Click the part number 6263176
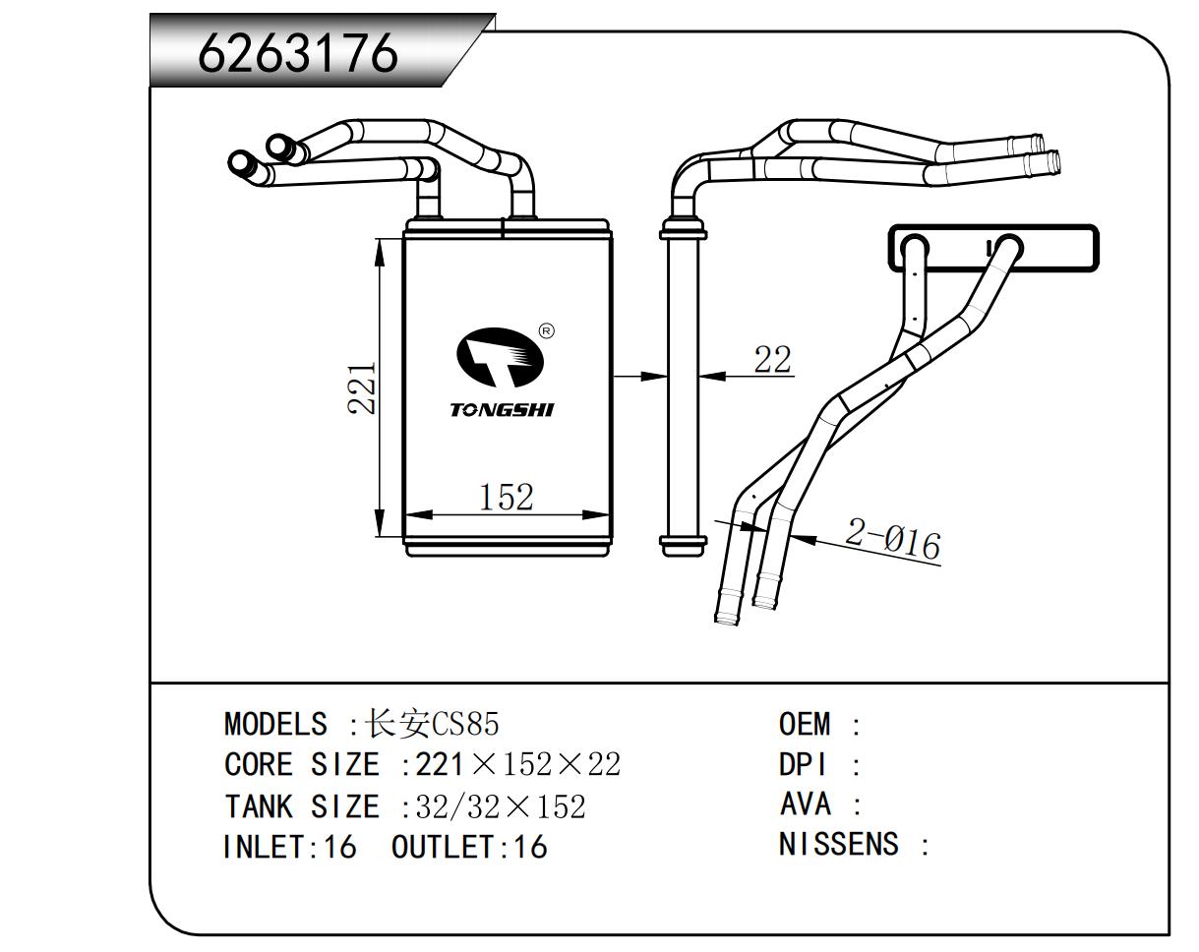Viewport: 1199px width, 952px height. [298, 53]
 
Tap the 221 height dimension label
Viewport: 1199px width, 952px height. [362, 387]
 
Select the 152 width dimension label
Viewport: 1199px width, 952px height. [506, 497]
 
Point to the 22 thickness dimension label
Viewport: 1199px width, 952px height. [772, 360]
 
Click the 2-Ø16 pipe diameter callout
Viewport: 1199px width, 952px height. [893, 539]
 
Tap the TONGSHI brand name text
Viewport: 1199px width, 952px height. [502, 409]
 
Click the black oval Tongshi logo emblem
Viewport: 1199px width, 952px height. [501, 359]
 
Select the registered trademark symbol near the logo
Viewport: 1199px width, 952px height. [547, 330]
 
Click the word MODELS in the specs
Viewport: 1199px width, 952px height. [276, 724]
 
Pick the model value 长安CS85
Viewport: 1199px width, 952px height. [432, 724]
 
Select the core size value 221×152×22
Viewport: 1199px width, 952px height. [517, 764]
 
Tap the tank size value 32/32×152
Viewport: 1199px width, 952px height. [501, 806]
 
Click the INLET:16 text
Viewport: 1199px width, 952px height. [289, 847]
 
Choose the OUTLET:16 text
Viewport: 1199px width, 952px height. [468, 847]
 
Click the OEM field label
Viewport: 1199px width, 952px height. [805, 724]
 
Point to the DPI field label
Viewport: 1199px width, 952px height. [803, 764]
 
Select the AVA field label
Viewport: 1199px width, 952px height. [805, 804]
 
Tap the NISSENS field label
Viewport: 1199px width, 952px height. [838, 845]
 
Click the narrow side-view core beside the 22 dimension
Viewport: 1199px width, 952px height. [683, 388]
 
